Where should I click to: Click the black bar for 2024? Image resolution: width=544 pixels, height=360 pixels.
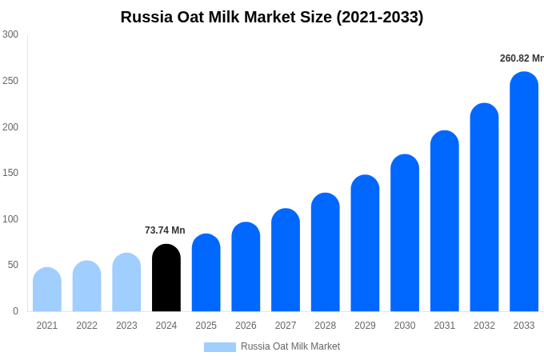(166, 278)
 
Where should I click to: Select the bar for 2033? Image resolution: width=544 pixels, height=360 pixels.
(524, 192)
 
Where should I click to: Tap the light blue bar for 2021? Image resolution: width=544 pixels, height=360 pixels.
(47, 290)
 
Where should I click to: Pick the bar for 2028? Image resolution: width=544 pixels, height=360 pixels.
(326, 253)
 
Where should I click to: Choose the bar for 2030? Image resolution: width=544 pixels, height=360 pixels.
(405, 234)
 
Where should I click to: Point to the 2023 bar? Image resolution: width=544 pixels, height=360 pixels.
(126, 282)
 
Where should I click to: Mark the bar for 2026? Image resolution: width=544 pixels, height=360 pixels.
(246, 267)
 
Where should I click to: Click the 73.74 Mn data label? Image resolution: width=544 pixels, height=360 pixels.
(165, 230)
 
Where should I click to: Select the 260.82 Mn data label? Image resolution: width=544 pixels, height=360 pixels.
(522, 58)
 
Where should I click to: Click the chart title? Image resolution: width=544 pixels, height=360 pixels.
(272, 17)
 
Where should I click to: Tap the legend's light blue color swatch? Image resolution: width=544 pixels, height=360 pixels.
(220, 347)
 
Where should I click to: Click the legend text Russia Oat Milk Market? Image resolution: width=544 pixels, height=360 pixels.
(290, 346)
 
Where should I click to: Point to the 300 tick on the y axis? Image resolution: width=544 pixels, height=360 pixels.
(10, 34)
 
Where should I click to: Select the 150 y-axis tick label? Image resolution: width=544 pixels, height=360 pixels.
(10, 173)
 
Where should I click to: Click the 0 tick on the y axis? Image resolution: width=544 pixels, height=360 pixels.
(15, 311)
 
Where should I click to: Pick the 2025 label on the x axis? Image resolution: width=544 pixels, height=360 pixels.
(206, 326)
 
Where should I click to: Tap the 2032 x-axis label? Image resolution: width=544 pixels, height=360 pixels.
(484, 326)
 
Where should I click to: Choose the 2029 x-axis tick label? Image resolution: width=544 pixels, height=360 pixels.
(365, 326)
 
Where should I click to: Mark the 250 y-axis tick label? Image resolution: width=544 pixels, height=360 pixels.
(10, 81)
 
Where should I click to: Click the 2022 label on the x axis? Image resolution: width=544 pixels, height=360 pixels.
(86, 326)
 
